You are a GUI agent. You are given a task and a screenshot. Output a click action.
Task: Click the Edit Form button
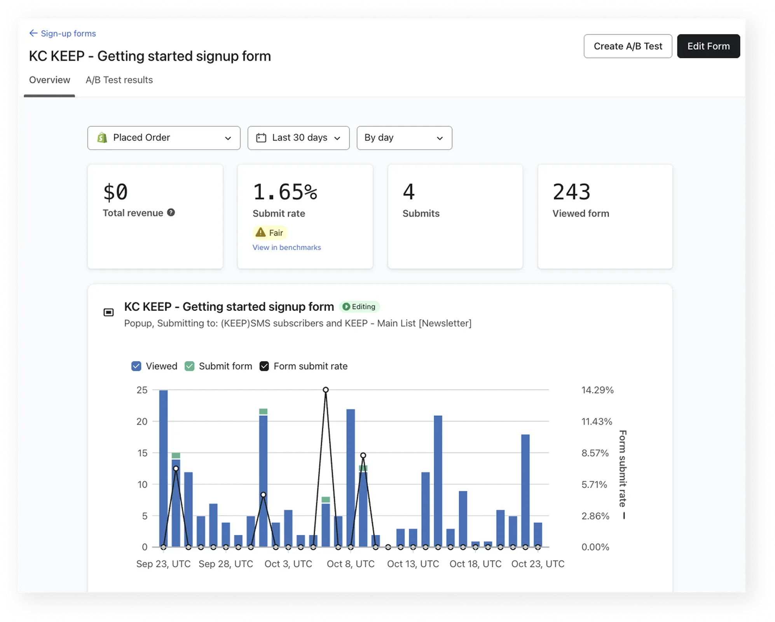coord(708,46)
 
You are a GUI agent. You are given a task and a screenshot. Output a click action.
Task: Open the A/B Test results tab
coord(119,80)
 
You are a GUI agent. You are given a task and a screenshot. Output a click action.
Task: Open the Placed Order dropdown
coord(164,138)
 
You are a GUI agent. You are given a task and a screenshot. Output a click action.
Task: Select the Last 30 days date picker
coord(298,138)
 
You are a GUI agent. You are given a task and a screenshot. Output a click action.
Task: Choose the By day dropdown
coord(404,138)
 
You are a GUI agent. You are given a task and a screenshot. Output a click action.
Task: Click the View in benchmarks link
coord(286,248)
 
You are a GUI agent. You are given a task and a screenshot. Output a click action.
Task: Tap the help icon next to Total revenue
coord(171,213)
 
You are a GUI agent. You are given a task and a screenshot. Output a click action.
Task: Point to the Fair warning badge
coord(270,233)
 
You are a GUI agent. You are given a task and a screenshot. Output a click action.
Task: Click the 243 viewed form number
coord(571,192)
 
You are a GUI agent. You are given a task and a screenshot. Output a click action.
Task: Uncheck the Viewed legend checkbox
coord(136,366)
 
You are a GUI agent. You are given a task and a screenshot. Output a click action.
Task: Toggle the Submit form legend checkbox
coord(189,366)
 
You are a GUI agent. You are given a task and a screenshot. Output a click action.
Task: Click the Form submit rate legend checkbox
coord(264,366)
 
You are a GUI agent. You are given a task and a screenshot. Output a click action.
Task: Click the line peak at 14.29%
coord(326,390)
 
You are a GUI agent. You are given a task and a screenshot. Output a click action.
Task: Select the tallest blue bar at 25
coord(164,466)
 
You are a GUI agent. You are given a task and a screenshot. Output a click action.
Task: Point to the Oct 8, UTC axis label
coord(351,564)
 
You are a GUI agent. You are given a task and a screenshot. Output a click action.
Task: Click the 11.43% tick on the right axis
coord(597,422)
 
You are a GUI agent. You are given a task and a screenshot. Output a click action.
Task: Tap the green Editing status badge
coord(360,307)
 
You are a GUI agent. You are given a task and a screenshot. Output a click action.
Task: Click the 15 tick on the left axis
coord(142,453)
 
